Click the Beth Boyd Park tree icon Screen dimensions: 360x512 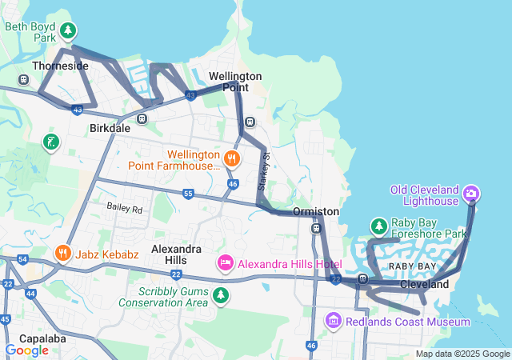(x=69, y=30)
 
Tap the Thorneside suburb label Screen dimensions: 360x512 (x=60, y=66)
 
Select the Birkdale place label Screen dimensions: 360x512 (x=110, y=128)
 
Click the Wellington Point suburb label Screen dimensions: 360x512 (x=235, y=81)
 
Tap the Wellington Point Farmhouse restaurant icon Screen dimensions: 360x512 (x=231, y=158)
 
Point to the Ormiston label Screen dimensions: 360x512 (x=316, y=211)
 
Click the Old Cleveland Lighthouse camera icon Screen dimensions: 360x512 (x=471, y=194)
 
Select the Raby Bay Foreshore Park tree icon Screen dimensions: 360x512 (x=378, y=227)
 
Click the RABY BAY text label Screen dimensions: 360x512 (x=412, y=266)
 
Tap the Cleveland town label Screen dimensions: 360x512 (x=424, y=284)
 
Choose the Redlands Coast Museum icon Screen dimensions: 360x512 (x=334, y=321)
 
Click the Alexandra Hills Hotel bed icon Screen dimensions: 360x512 (x=226, y=263)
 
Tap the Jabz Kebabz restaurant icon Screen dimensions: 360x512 (x=62, y=254)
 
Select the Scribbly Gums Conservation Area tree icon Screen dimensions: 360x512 (x=221, y=296)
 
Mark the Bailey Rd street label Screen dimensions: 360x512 (x=124, y=209)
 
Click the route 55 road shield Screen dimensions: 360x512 (x=188, y=194)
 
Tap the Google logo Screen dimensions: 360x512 (x=26, y=350)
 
